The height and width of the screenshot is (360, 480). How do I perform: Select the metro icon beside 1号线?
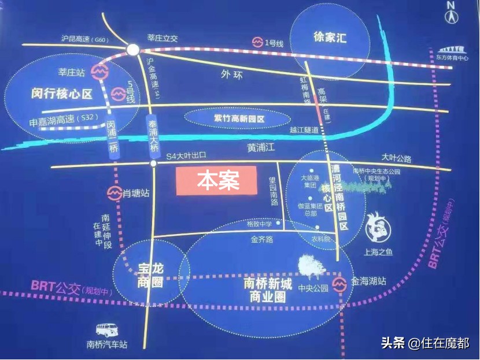click(257, 42)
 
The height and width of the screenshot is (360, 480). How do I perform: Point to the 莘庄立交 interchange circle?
click(133, 50)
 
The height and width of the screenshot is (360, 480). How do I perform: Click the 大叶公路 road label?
click(396, 157)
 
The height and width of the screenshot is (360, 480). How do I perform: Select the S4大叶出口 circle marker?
click(153, 164)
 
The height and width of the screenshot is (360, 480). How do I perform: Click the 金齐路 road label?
click(261, 239)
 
